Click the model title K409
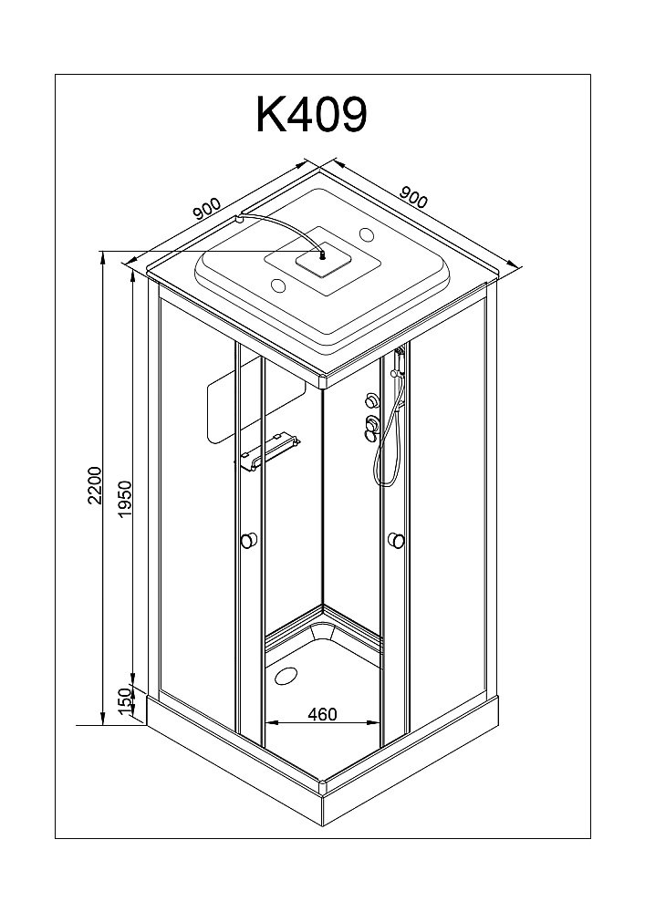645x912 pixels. point(311,115)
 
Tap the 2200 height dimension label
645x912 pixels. point(94,485)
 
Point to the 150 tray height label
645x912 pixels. point(123,701)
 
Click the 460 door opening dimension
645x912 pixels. point(324,713)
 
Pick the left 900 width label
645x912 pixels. point(207,209)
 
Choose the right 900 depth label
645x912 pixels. point(414,198)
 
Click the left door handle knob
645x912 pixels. point(249,540)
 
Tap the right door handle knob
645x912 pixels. point(396,540)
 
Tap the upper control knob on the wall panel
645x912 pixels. point(370,400)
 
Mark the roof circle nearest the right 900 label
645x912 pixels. point(368,233)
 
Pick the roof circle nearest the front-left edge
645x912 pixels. point(278,286)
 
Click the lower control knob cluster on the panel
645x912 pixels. point(369,427)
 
